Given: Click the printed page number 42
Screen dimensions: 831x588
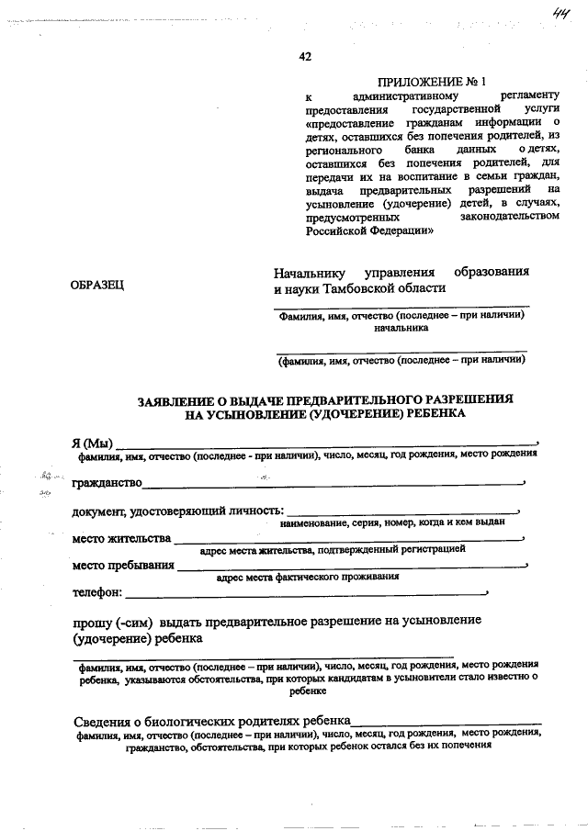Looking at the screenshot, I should [x=305, y=57].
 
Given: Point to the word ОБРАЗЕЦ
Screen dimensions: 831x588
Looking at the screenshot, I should [x=97, y=286].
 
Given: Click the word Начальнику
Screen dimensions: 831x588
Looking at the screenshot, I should [x=312, y=272].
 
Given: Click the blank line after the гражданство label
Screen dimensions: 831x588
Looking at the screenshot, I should [x=331, y=483].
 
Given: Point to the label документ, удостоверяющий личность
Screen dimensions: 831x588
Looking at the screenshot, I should [x=177, y=511].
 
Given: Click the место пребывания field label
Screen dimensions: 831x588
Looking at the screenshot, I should [x=122, y=565].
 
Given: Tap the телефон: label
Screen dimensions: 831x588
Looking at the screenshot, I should [x=96, y=592].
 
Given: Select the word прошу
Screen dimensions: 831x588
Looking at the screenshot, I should [x=91, y=621].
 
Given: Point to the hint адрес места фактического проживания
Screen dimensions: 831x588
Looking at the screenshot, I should [x=307, y=578].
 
